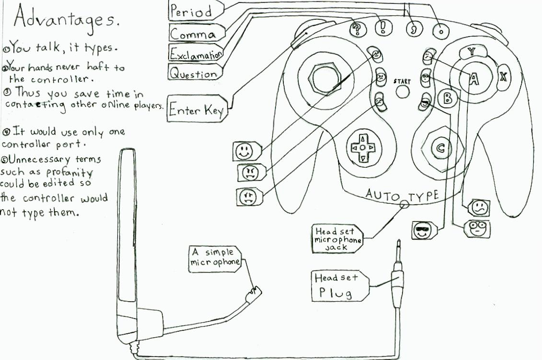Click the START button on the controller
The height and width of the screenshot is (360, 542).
(x=403, y=91)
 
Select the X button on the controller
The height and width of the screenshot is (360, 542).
(x=503, y=76)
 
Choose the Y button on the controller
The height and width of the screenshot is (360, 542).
(x=471, y=51)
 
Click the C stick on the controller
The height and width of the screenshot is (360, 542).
(x=441, y=147)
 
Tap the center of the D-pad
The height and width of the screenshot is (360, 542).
(x=362, y=147)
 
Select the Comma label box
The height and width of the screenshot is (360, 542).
(x=193, y=34)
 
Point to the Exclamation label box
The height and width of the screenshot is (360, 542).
(x=195, y=52)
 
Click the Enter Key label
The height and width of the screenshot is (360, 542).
(x=197, y=110)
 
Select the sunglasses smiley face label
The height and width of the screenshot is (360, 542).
(x=421, y=231)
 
